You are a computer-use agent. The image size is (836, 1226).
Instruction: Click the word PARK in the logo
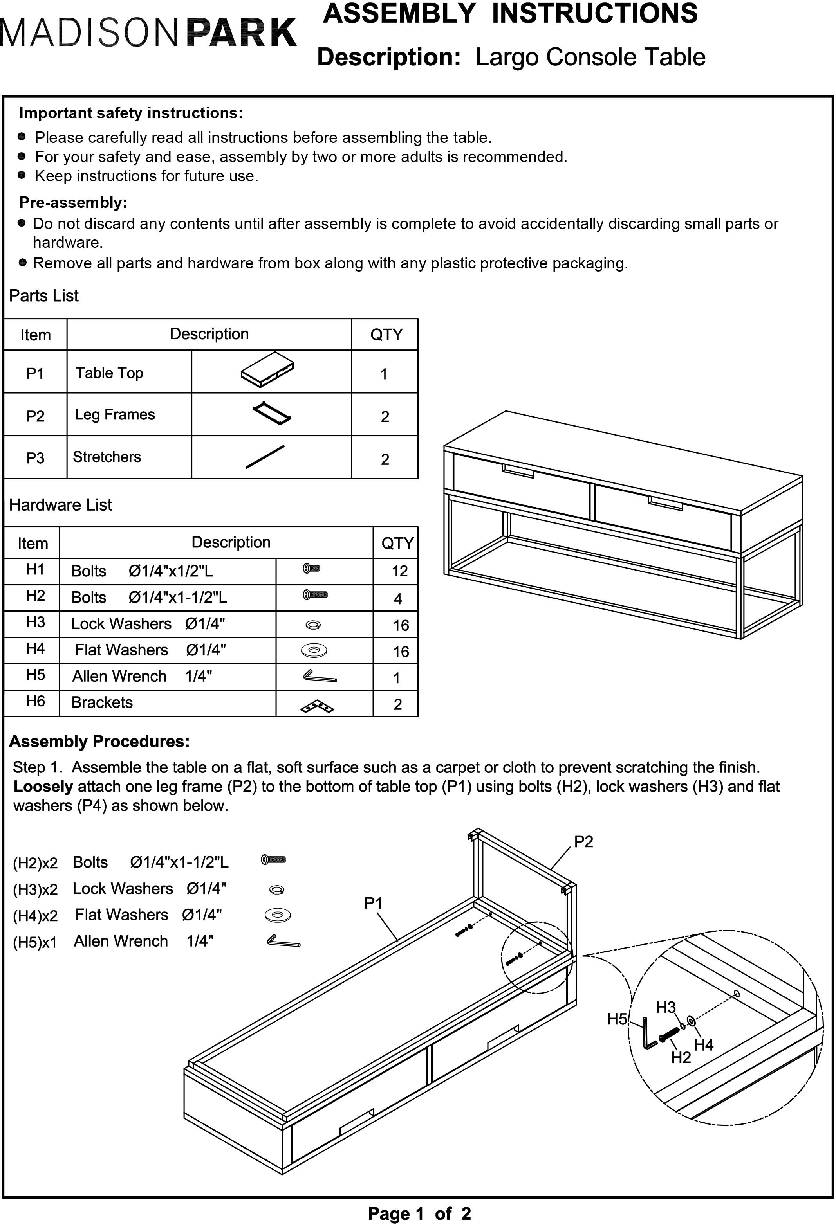point(242,33)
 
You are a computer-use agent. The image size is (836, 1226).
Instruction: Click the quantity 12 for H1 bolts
point(399,571)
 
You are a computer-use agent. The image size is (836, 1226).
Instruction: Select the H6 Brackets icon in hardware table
point(317,706)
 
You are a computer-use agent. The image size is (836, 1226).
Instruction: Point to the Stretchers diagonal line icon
point(265,457)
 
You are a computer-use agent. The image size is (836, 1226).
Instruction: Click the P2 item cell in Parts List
point(35,416)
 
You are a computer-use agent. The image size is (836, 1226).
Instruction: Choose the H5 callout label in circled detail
point(616,1019)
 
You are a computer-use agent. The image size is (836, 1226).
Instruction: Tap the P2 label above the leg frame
point(583,841)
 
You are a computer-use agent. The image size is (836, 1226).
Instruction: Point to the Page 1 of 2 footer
point(419,1213)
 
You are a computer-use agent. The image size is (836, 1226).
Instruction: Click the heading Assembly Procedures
point(99,741)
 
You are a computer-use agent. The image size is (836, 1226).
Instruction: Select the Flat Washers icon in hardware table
point(314,650)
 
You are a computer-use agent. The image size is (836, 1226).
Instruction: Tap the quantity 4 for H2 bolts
point(398,599)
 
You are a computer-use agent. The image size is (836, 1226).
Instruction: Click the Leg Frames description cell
point(115,415)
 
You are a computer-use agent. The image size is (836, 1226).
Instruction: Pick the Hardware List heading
point(61,505)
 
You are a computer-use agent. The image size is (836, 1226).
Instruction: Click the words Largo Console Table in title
point(590,57)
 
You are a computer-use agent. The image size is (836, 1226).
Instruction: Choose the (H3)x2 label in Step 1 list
point(35,889)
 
